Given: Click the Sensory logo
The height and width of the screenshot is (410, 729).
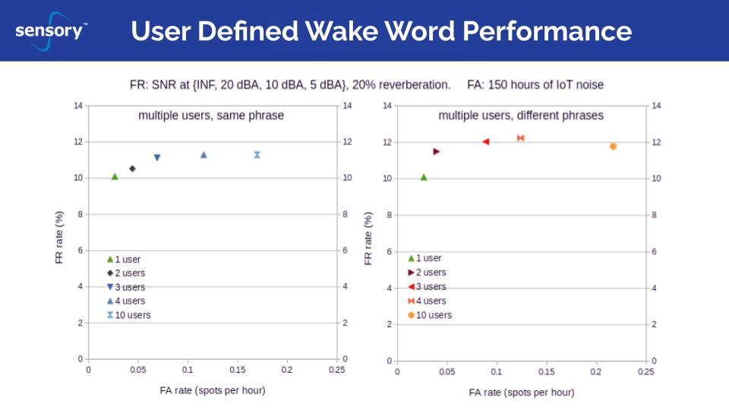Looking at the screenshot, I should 50,32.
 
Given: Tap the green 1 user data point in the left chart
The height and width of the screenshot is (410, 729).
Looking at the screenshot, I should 115,177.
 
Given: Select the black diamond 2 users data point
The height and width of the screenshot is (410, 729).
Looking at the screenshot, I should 132,169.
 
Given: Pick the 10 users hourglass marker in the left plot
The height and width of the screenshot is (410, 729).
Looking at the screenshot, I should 257,155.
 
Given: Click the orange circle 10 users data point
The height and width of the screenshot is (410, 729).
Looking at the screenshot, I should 613,147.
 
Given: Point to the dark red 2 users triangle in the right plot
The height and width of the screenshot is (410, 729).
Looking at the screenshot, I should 437,151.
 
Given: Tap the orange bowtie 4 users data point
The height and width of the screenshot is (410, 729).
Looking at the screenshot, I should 521,138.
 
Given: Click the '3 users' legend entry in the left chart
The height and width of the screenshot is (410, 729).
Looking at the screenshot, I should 130,287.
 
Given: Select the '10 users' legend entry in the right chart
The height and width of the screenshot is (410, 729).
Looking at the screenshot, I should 434,315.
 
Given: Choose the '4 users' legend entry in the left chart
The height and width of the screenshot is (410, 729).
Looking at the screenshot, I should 130,301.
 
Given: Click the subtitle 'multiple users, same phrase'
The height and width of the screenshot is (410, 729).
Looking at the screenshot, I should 211,115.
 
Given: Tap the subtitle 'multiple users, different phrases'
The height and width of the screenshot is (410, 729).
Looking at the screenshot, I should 521,115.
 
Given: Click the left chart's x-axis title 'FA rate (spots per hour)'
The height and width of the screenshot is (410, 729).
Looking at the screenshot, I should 213,390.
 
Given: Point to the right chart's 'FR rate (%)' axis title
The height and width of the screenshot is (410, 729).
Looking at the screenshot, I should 368,238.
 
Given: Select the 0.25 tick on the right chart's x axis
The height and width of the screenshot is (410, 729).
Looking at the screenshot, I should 645,372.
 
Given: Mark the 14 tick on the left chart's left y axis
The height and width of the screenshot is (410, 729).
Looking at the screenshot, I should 78,106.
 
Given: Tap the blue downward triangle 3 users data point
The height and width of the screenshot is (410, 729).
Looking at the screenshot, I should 157,158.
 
